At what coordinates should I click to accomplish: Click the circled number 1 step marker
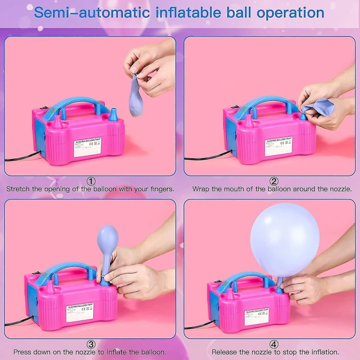click(91, 181)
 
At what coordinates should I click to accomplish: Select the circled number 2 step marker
click(274, 181)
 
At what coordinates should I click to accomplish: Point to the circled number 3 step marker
click(91, 345)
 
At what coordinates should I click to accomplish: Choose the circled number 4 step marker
click(274, 345)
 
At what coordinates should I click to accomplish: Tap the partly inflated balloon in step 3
click(107, 242)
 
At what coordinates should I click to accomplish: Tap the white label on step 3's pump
click(80, 312)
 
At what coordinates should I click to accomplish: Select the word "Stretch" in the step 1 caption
click(18, 189)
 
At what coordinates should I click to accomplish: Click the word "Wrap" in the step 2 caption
click(201, 189)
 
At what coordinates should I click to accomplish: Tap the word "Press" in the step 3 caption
click(24, 352)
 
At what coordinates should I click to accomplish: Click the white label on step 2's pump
click(278, 146)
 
